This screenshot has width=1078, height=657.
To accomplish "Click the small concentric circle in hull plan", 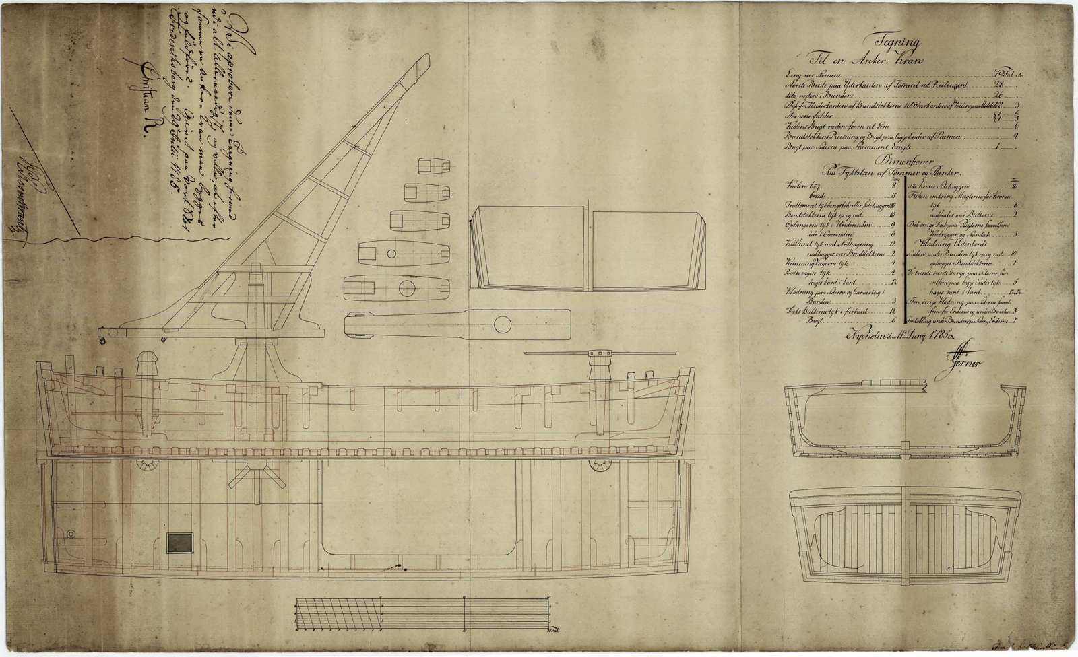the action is (72, 533).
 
